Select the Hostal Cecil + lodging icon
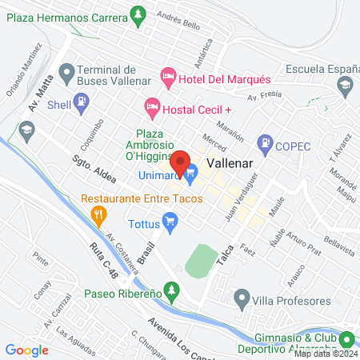click(x=151, y=106)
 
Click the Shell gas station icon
click(x=82, y=102)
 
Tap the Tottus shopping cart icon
click(x=170, y=220)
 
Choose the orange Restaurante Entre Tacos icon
click(x=99, y=213)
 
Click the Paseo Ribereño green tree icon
click(x=170, y=288)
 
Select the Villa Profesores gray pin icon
click(x=241, y=300)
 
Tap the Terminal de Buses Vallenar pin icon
click(x=66, y=75)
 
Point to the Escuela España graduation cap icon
click(x=344, y=84)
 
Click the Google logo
click(x=26, y=350)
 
